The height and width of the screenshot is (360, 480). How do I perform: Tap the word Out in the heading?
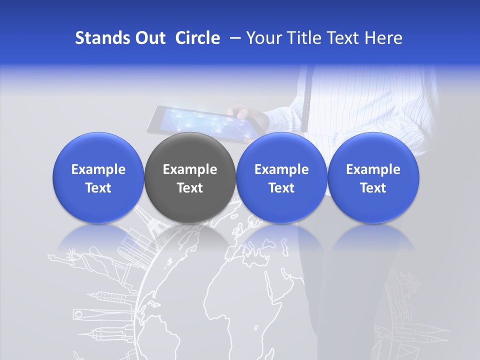coord(150,38)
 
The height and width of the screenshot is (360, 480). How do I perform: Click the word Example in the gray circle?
coord(189,169)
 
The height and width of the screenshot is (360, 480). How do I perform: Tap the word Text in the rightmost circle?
coord(373,188)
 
